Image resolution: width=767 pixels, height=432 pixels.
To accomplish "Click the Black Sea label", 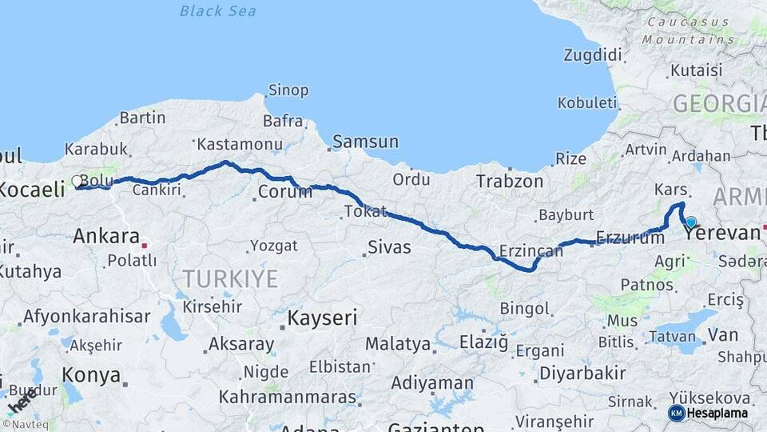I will (217, 10).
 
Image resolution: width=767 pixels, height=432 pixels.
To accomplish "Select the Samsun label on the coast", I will (365, 142).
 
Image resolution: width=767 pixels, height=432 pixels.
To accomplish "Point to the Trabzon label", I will (509, 181).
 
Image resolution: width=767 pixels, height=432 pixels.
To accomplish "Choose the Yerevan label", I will (721, 234).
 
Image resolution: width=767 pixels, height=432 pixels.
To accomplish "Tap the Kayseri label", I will (321, 318).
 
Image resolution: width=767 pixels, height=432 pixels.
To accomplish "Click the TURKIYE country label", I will (229, 278).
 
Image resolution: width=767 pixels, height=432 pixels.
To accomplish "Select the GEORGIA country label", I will (719, 103).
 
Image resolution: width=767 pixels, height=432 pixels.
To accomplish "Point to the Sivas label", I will (389, 247).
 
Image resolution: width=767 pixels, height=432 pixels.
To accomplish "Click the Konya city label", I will (91, 375).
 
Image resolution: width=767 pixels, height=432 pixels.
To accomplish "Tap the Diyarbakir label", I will (582, 373).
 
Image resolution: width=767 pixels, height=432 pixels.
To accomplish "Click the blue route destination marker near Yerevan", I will (690, 222).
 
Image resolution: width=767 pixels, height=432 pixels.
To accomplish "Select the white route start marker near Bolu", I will (77, 182).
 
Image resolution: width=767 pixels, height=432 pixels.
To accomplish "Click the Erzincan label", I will (531, 251).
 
